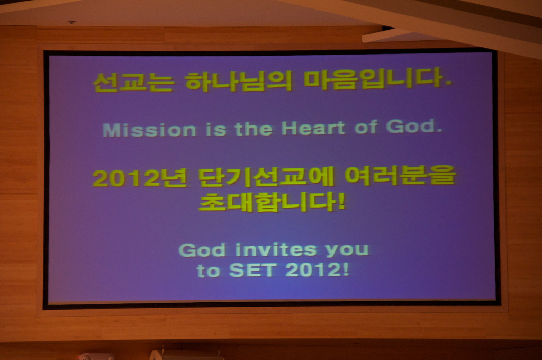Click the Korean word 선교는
click(133, 82)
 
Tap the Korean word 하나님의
click(239, 81)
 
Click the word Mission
click(149, 130)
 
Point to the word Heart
click(313, 128)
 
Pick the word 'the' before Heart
click(254, 129)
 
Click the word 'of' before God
click(365, 127)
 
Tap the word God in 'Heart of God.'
click(414, 126)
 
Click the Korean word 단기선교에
click(266, 177)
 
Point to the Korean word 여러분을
click(400, 175)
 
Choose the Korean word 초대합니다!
click(272, 202)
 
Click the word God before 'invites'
click(202, 250)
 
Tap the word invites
click(276, 250)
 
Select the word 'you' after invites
click(347, 250)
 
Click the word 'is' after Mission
click(216, 130)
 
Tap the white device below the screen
click(187, 355)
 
